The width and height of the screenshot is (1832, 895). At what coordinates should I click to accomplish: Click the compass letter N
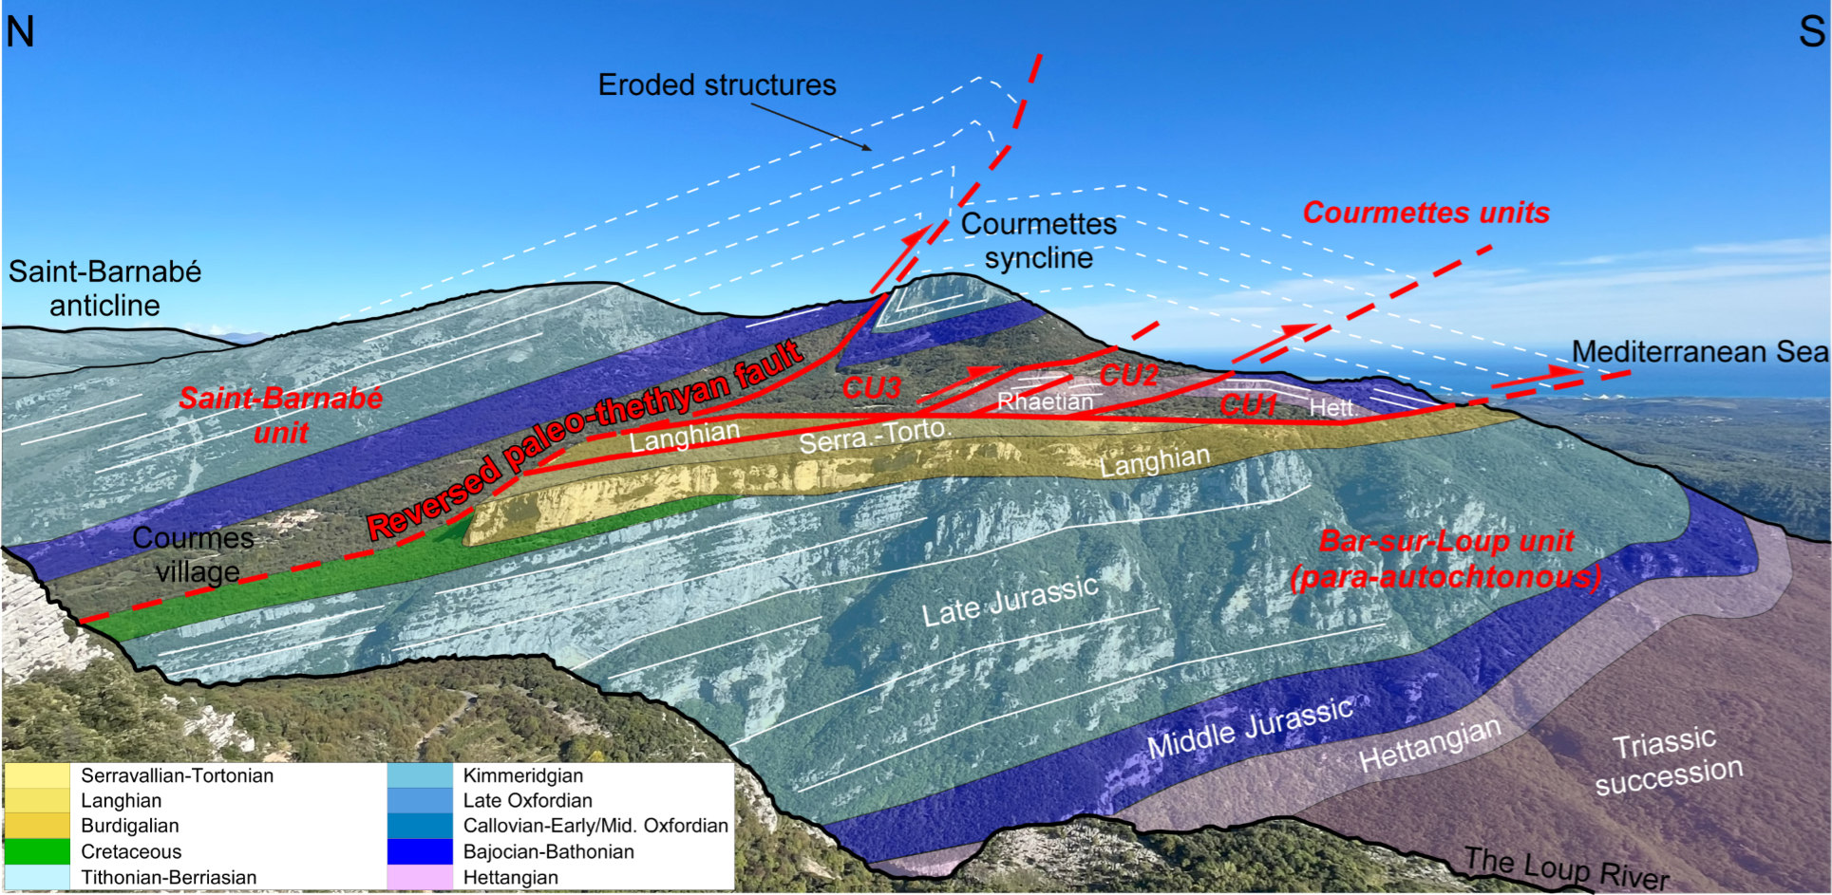(20, 32)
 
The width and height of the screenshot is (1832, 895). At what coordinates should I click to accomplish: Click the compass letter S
(1811, 32)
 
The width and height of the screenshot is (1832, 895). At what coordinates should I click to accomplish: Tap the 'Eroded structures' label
(717, 85)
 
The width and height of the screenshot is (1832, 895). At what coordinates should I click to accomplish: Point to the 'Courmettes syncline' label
(1039, 241)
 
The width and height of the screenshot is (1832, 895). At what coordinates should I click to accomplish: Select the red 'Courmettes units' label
(1426, 213)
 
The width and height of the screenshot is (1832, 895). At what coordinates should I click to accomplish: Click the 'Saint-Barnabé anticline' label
(104, 289)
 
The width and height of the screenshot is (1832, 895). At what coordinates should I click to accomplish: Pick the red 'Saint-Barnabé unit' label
(281, 415)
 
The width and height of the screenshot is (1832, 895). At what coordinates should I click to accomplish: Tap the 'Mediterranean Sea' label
(1699, 352)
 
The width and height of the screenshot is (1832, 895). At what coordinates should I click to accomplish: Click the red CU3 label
(871, 388)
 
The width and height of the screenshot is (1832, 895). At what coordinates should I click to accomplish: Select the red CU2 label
(1129, 376)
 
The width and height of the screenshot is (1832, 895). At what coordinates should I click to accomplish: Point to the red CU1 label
(1248, 406)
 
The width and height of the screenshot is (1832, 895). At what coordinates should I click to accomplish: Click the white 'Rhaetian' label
(1045, 402)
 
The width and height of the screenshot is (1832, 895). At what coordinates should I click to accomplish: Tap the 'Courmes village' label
(194, 554)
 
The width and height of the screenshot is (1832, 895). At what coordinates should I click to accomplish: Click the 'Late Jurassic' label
(1010, 601)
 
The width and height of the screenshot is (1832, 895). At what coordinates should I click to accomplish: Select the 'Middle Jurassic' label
(1250, 727)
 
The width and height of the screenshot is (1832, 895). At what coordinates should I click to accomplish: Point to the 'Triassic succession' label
(1668, 760)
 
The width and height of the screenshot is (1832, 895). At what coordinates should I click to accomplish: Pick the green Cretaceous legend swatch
(37, 851)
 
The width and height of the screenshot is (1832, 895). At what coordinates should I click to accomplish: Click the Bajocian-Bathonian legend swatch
(420, 851)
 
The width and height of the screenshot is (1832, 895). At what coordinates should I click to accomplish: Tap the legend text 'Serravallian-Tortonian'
(177, 775)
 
